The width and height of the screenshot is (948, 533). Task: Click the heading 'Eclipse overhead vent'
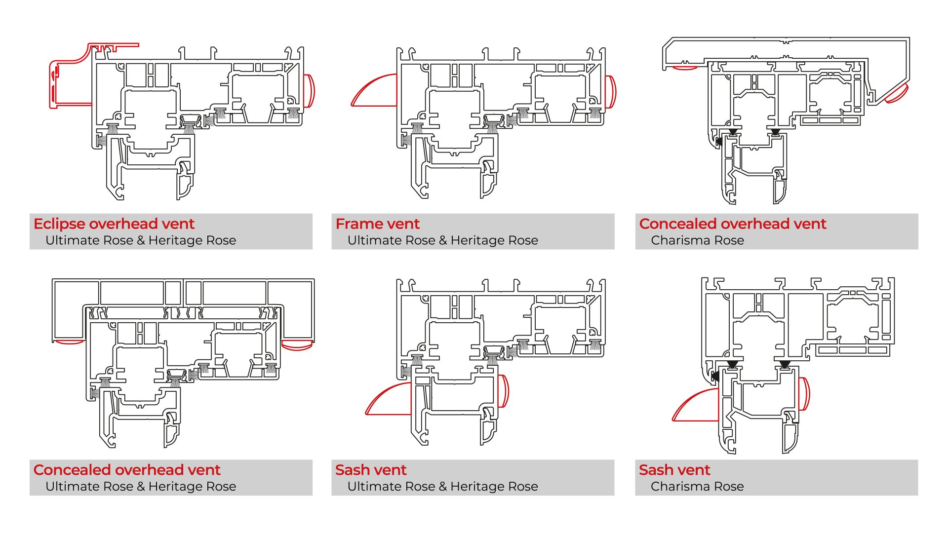[114, 224]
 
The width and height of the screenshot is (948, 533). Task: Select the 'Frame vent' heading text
[377, 224]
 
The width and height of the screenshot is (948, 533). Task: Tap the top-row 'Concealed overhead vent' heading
[732, 224]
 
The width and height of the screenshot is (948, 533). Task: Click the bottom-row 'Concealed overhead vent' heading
[127, 469]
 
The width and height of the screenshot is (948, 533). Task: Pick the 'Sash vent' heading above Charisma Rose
[674, 469]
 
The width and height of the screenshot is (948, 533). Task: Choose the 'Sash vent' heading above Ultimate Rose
[370, 469]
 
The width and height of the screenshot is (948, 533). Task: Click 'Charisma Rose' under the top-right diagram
[697, 240]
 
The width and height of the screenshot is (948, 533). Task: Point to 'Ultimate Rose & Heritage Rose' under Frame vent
[442, 240]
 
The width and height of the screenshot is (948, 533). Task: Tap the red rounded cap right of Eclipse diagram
[309, 90]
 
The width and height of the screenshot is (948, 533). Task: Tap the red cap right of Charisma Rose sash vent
[804, 393]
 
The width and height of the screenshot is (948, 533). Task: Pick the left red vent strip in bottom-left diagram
[69, 342]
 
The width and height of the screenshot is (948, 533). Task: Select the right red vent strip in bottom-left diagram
[296, 344]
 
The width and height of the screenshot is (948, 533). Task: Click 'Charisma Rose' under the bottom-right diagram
[697, 486]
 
